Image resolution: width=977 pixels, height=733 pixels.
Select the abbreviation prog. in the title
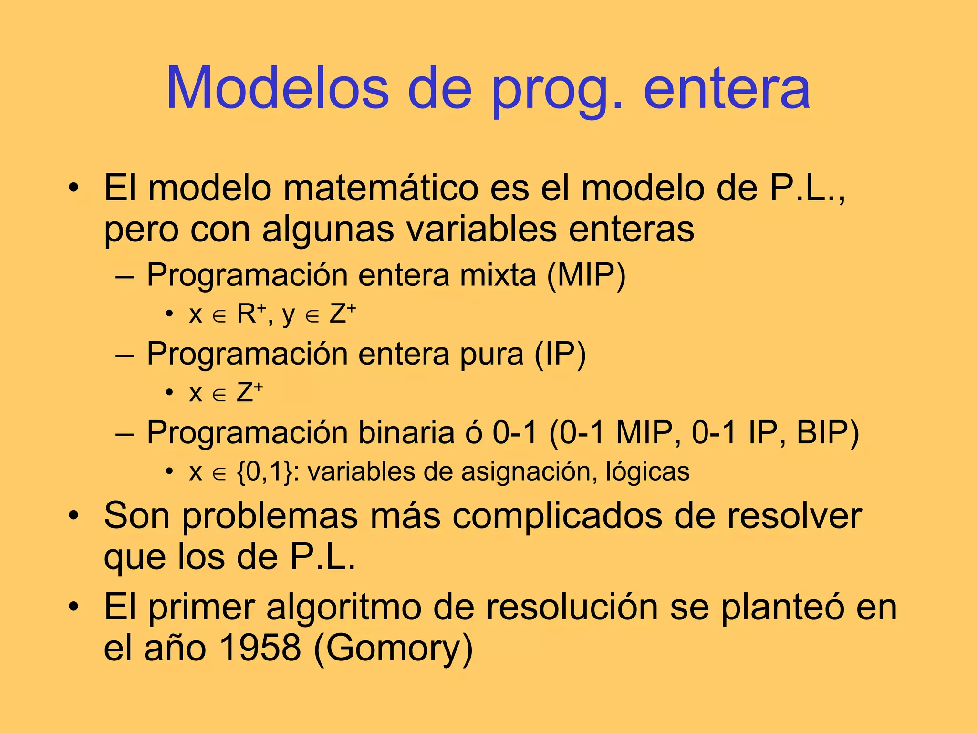coord(557,91)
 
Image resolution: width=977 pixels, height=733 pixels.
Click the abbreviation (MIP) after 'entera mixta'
coord(586,275)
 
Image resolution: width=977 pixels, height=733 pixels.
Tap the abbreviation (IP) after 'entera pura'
coord(560,355)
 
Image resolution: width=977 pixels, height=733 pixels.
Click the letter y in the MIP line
coord(288,316)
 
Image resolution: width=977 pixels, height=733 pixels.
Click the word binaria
coord(406,433)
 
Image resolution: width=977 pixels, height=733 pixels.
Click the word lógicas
coord(647,472)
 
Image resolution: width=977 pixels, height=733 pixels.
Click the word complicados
coord(557,516)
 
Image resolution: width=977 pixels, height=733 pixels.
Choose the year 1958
coord(260,648)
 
